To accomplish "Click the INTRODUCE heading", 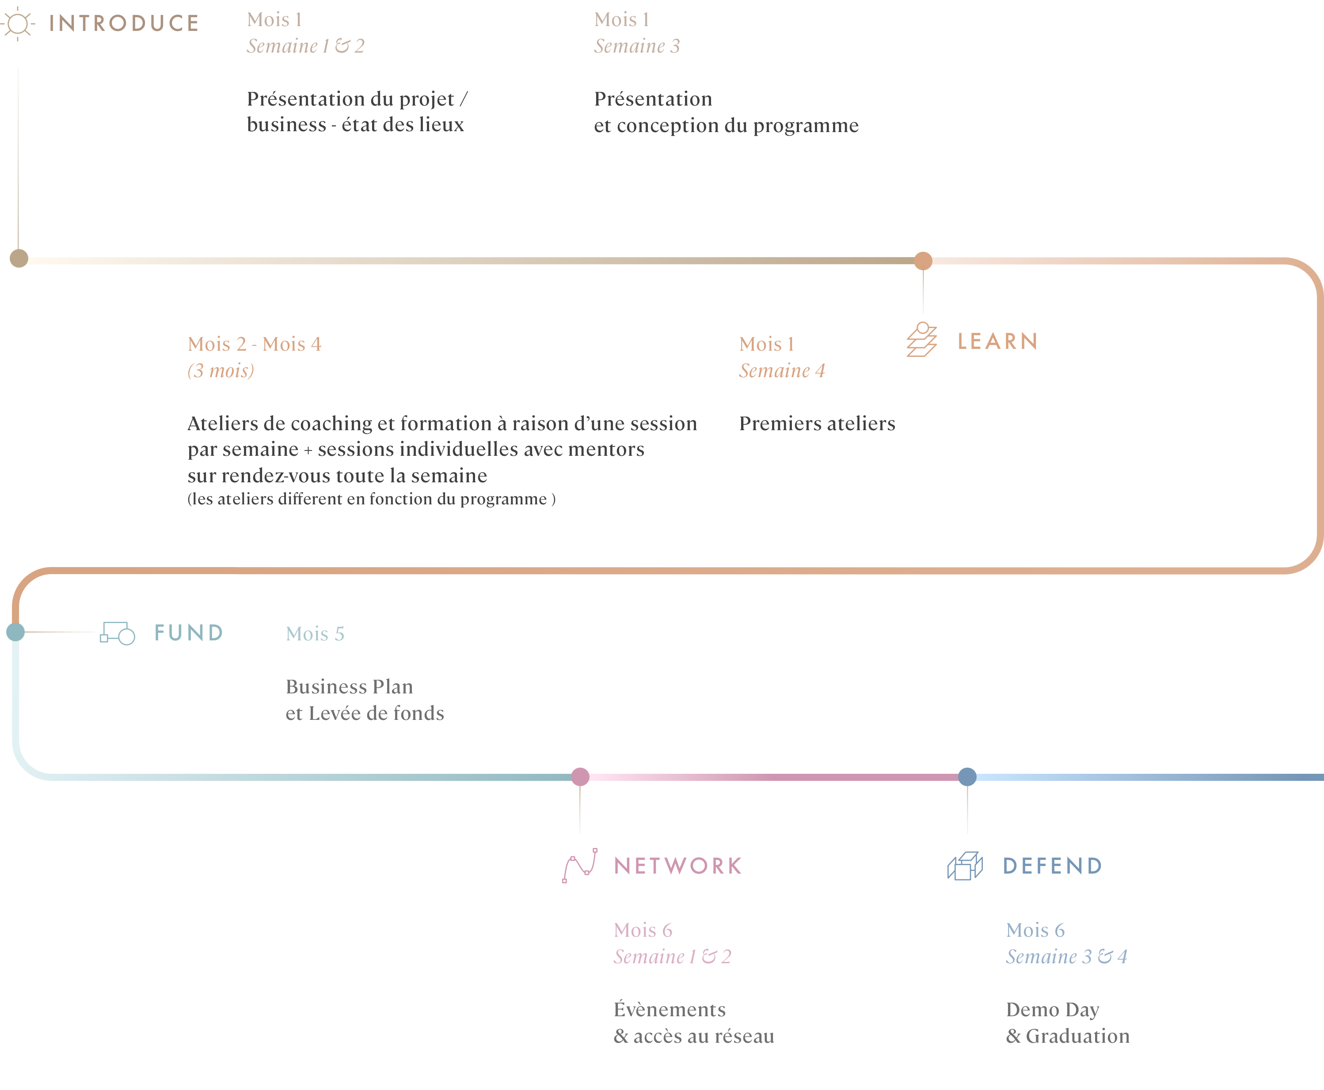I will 124,24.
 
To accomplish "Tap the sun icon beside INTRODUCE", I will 18,24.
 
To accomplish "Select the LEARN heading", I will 997,341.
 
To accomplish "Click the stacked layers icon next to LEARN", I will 922,340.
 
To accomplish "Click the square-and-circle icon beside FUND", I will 118,633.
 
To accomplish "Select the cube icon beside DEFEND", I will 965,867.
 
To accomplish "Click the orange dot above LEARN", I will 923,261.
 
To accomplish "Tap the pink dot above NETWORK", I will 580,777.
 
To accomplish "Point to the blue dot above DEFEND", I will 967,777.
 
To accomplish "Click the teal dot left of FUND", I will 16,632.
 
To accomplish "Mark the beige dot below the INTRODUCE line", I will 19,258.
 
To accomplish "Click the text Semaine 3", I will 637,46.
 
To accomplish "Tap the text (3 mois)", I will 221,371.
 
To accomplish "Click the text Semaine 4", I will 782,371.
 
